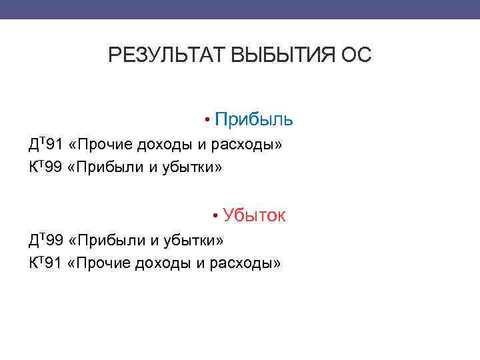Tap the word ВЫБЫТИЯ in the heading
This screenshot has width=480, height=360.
tap(283, 55)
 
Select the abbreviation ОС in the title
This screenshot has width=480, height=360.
tap(356, 55)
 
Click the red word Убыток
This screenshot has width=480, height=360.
tap(254, 215)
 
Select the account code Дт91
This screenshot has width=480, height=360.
tap(45, 144)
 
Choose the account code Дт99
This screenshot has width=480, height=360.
tap(45, 239)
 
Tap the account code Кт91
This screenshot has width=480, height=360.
tap(45, 263)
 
